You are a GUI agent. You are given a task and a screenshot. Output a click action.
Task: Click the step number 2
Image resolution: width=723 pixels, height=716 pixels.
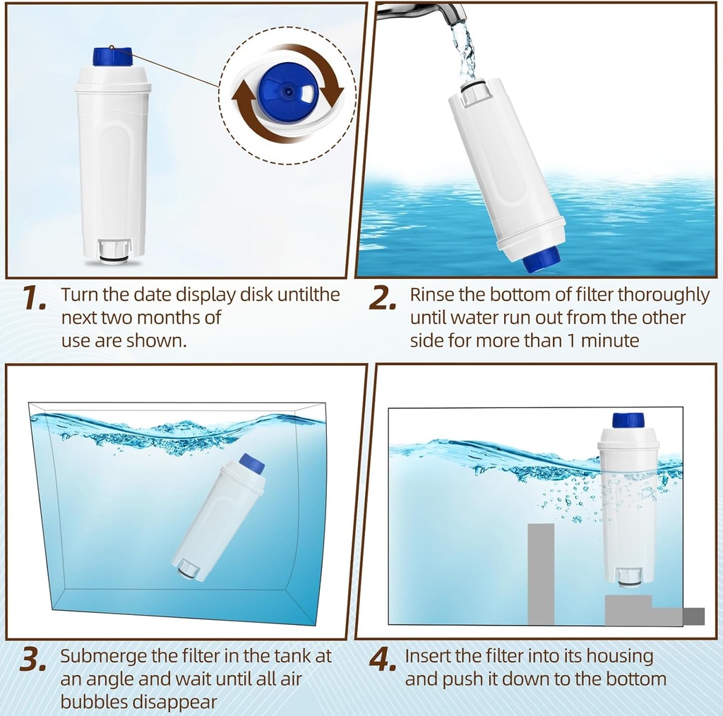click(x=383, y=299)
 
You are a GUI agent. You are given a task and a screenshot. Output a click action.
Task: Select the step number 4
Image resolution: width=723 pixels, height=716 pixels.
click(x=382, y=660)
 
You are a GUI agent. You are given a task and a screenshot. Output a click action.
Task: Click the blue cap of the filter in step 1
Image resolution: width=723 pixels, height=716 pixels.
click(x=112, y=56)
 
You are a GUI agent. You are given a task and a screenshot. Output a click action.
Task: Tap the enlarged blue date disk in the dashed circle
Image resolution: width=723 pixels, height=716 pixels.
click(x=286, y=93)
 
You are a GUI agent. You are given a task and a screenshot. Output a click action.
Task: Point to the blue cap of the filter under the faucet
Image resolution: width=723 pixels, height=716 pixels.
click(x=542, y=259)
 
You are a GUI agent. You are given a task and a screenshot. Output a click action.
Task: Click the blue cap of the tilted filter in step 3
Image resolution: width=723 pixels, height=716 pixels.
click(x=252, y=463)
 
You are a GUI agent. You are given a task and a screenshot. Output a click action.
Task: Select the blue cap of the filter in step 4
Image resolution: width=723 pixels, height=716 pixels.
click(x=628, y=420)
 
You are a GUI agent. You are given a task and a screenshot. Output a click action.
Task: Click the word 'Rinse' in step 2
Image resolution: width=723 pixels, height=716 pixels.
click(x=433, y=294)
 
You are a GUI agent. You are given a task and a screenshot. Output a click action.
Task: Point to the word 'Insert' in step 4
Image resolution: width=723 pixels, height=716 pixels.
click(x=428, y=656)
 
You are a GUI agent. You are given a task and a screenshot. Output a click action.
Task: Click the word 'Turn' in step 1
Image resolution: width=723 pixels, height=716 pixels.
click(x=78, y=294)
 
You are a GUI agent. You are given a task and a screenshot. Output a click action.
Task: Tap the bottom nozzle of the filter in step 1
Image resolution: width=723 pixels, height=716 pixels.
click(x=114, y=251)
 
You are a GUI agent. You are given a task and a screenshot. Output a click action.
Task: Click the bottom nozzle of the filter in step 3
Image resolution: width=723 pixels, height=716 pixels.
click(x=188, y=569)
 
